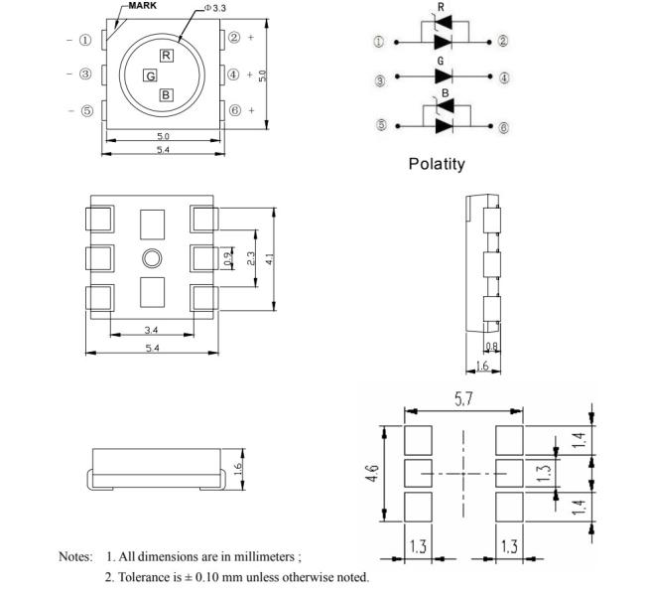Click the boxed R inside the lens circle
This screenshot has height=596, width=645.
pyautogui.click(x=166, y=55)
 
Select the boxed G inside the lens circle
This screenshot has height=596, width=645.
pyautogui.click(x=150, y=75)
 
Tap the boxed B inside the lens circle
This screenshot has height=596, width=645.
pyautogui.click(x=166, y=95)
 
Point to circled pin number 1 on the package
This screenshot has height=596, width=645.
pyautogui.click(x=85, y=41)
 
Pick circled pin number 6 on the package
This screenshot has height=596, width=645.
pyautogui.click(x=234, y=110)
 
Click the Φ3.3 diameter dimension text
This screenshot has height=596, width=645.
pyautogui.click(x=214, y=8)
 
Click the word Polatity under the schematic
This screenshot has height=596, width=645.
pyautogui.click(x=437, y=164)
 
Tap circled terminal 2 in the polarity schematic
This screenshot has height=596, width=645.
pyautogui.click(x=502, y=42)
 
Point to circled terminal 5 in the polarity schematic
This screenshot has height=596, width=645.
pyautogui.click(x=380, y=126)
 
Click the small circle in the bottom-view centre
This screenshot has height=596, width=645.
pyautogui.click(x=152, y=259)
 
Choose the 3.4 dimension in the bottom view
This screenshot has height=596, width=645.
pyautogui.click(x=151, y=329)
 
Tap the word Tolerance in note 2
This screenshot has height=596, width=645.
pyautogui.click(x=149, y=577)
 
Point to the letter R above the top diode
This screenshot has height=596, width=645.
pyautogui.click(x=440, y=7)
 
